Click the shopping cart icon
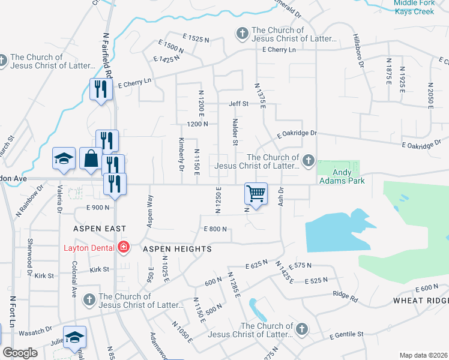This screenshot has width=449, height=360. point(256,193)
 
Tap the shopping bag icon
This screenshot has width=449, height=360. point(91,159)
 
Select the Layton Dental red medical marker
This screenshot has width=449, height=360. point(124,247)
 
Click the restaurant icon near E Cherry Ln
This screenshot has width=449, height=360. point(100,89)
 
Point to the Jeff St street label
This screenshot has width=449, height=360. point(238,104)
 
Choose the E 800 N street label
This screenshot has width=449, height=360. point(215,229)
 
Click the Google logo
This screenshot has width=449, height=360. point(20,353)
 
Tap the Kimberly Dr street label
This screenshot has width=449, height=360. point(181,154)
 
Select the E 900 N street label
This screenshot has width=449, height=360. point(97,207)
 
